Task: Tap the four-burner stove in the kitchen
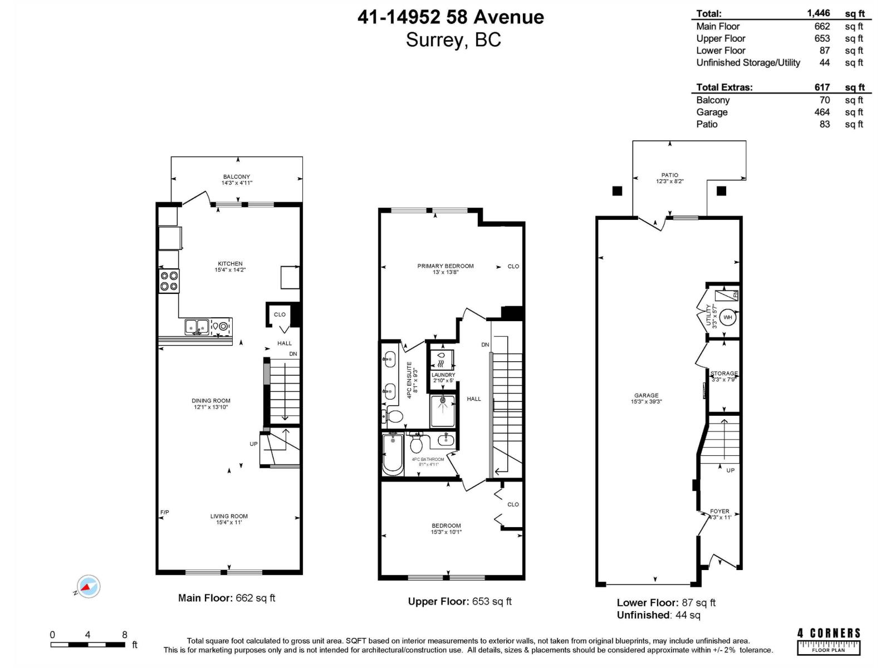point(169,281)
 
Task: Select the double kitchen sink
point(197,327)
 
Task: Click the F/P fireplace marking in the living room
point(165,512)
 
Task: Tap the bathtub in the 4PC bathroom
point(393,454)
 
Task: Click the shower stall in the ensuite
point(443,411)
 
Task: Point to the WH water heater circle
point(728,317)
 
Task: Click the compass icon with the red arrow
point(88,586)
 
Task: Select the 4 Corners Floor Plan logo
point(829,641)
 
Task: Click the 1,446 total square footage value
point(818,13)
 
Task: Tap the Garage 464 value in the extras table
point(821,112)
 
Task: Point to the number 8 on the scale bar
point(124,635)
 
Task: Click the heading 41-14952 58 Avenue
point(451,17)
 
